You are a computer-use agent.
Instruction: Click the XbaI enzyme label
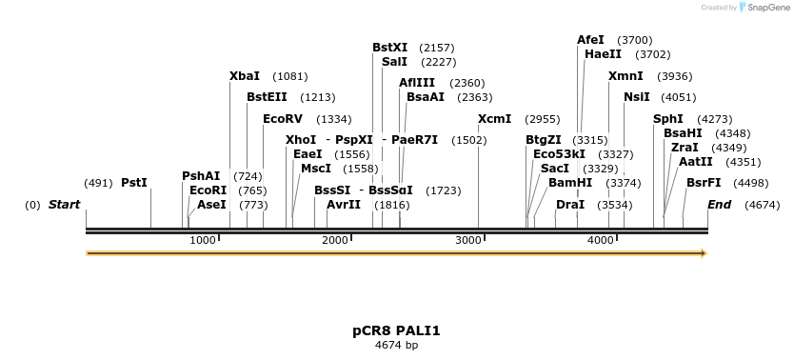pos(245,76)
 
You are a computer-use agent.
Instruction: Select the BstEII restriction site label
pos(266,97)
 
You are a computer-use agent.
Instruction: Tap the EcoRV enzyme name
pos(283,119)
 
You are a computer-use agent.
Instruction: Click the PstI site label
pos(134,183)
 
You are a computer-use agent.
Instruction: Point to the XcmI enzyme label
pos(494,119)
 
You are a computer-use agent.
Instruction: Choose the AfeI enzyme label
pos(590,40)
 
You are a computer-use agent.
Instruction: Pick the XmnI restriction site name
pos(625,76)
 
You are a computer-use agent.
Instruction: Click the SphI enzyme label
pos(667,119)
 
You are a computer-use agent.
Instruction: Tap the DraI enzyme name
pos(570,205)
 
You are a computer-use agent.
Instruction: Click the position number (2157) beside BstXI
pos(437,48)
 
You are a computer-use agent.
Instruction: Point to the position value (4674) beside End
pos(763,205)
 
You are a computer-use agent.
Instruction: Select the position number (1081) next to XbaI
pos(290,76)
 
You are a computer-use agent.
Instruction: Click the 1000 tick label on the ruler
pos(203,240)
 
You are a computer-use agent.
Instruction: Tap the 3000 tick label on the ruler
pos(468,240)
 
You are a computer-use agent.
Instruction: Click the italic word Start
pos(64,205)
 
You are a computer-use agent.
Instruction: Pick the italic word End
pos(720,205)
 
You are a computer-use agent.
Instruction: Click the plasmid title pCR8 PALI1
pos(396,331)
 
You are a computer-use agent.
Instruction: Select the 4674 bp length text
pos(396,346)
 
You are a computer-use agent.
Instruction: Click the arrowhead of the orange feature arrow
pos(704,253)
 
